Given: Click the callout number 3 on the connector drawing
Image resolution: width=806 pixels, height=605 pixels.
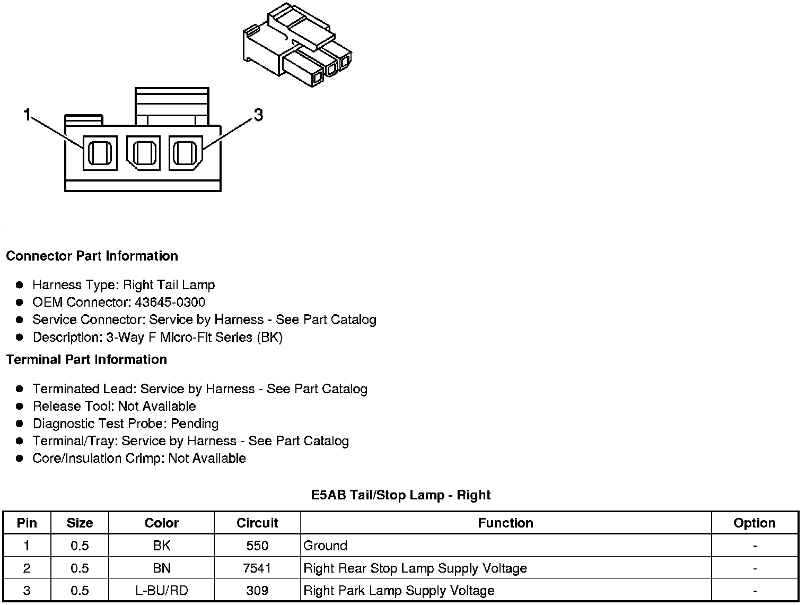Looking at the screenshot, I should (x=258, y=115).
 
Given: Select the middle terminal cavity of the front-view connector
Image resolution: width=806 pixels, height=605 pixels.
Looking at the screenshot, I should (x=143, y=153).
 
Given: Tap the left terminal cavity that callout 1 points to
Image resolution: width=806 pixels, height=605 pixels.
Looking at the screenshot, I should (x=100, y=153).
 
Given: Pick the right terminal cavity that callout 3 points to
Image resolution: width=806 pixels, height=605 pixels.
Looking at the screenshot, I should (x=186, y=153).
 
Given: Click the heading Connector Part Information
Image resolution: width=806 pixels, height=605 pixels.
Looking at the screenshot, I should (x=92, y=256).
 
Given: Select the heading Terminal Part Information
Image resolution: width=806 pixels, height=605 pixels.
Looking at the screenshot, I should (x=86, y=359).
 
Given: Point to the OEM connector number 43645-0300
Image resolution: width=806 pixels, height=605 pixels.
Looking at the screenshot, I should (x=170, y=302).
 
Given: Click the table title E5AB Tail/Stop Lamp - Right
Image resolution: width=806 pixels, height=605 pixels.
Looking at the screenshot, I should (x=400, y=495).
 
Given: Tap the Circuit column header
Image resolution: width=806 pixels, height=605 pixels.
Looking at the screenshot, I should (x=257, y=523).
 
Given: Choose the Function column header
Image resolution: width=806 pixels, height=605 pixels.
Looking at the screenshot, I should (x=505, y=523).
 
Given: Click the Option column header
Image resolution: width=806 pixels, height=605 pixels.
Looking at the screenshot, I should (x=754, y=523).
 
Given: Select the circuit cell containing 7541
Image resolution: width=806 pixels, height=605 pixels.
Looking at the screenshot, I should (x=257, y=568).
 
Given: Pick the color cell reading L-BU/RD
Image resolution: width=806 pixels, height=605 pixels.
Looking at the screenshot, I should (x=162, y=591).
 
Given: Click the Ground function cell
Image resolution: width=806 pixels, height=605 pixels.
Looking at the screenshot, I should (x=325, y=546).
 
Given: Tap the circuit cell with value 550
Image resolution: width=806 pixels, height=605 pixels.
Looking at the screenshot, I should (x=257, y=546).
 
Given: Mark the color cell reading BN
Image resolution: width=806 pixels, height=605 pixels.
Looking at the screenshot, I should (x=162, y=568).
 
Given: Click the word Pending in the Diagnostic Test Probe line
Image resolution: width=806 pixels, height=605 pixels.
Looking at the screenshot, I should (x=195, y=423).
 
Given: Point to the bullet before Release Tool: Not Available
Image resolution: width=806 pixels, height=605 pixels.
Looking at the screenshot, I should (x=20, y=407).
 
